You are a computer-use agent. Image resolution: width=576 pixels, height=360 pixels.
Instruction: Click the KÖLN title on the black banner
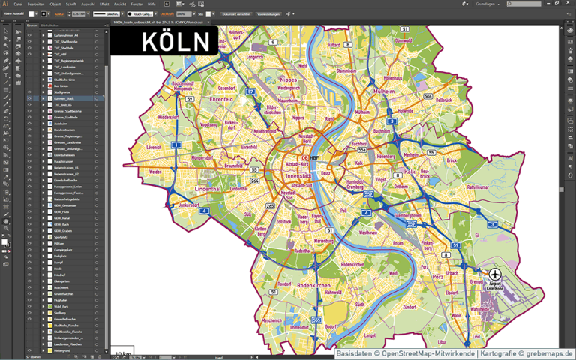pyautogui.click(x=175, y=41)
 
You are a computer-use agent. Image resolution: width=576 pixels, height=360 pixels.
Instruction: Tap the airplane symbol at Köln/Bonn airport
pyautogui.click(x=496, y=276)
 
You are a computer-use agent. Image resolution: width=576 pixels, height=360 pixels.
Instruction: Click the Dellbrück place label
pyautogui.click(x=444, y=99)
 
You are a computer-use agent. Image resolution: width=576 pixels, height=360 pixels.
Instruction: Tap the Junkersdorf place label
pyautogui.click(x=193, y=205)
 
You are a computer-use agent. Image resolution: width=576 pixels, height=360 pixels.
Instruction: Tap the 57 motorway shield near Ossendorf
pyautogui.click(x=251, y=91)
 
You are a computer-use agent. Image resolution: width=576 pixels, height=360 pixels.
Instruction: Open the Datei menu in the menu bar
pyautogui.click(x=18, y=4)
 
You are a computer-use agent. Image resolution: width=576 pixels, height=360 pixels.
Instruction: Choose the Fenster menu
pyautogui.click(x=136, y=4)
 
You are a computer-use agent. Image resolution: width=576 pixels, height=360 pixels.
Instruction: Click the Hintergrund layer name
pyautogui.click(x=62, y=350)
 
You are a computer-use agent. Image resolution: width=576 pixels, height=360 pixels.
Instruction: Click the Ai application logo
pyautogui.click(x=5, y=4)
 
